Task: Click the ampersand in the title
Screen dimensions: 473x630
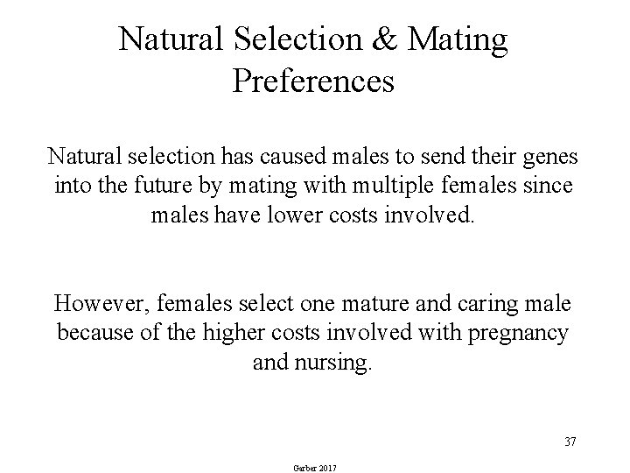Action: (x=392, y=40)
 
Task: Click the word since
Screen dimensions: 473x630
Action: (x=547, y=187)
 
